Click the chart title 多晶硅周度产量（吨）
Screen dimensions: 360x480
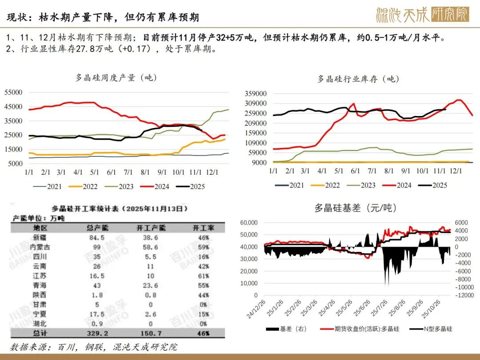[x=116, y=77]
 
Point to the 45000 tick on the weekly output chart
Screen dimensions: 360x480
[x=13, y=107]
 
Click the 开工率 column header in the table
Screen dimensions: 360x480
[x=203, y=228]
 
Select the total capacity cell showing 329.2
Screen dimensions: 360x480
[x=96, y=332]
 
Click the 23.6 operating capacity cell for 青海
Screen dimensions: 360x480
[x=150, y=285]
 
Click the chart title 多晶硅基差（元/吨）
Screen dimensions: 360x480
[x=356, y=208]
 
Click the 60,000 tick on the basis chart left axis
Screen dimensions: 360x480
[x=249, y=222]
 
